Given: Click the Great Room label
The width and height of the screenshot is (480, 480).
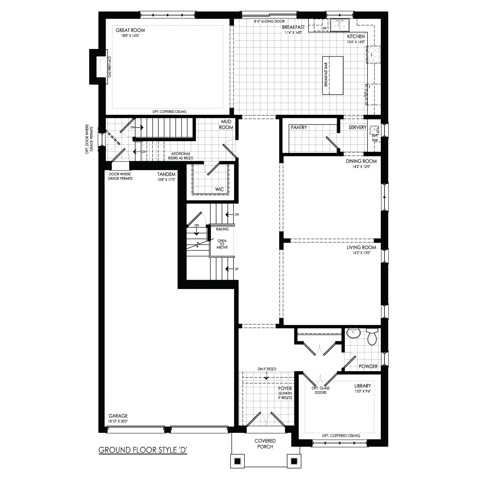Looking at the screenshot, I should (x=130, y=30).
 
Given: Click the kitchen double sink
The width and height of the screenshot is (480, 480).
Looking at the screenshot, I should (x=340, y=25).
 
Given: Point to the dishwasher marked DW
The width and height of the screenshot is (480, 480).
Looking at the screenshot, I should (x=324, y=28).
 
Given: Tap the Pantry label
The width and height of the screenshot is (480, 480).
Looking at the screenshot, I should (x=299, y=128).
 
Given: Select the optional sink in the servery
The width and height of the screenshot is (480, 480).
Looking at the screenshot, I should (x=374, y=131).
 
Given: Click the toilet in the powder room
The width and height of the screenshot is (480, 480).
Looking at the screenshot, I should (x=372, y=337).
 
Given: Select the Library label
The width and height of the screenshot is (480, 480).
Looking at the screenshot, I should (x=363, y=386).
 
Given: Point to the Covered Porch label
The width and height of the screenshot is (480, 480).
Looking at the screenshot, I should (x=265, y=443).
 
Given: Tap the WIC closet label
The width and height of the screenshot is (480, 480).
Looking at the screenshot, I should (x=219, y=189).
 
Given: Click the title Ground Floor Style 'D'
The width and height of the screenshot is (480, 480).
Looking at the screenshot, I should (x=143, y=450).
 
